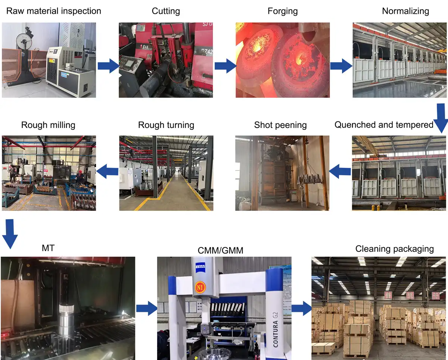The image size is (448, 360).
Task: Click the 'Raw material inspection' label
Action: [54, 11]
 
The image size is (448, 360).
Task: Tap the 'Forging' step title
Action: [283, 11]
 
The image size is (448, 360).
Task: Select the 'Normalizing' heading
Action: [405, 11]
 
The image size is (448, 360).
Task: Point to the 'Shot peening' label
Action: [280, 125]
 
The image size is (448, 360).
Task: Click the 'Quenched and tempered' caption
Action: [384, 125]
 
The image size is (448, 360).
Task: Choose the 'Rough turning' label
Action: [166, 125]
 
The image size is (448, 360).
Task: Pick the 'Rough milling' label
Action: [48, 125]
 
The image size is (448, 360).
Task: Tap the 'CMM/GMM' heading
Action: [220, 251]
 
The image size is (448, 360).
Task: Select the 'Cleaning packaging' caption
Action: [395, 249]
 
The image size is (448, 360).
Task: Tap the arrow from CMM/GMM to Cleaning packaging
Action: [301, 308]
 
